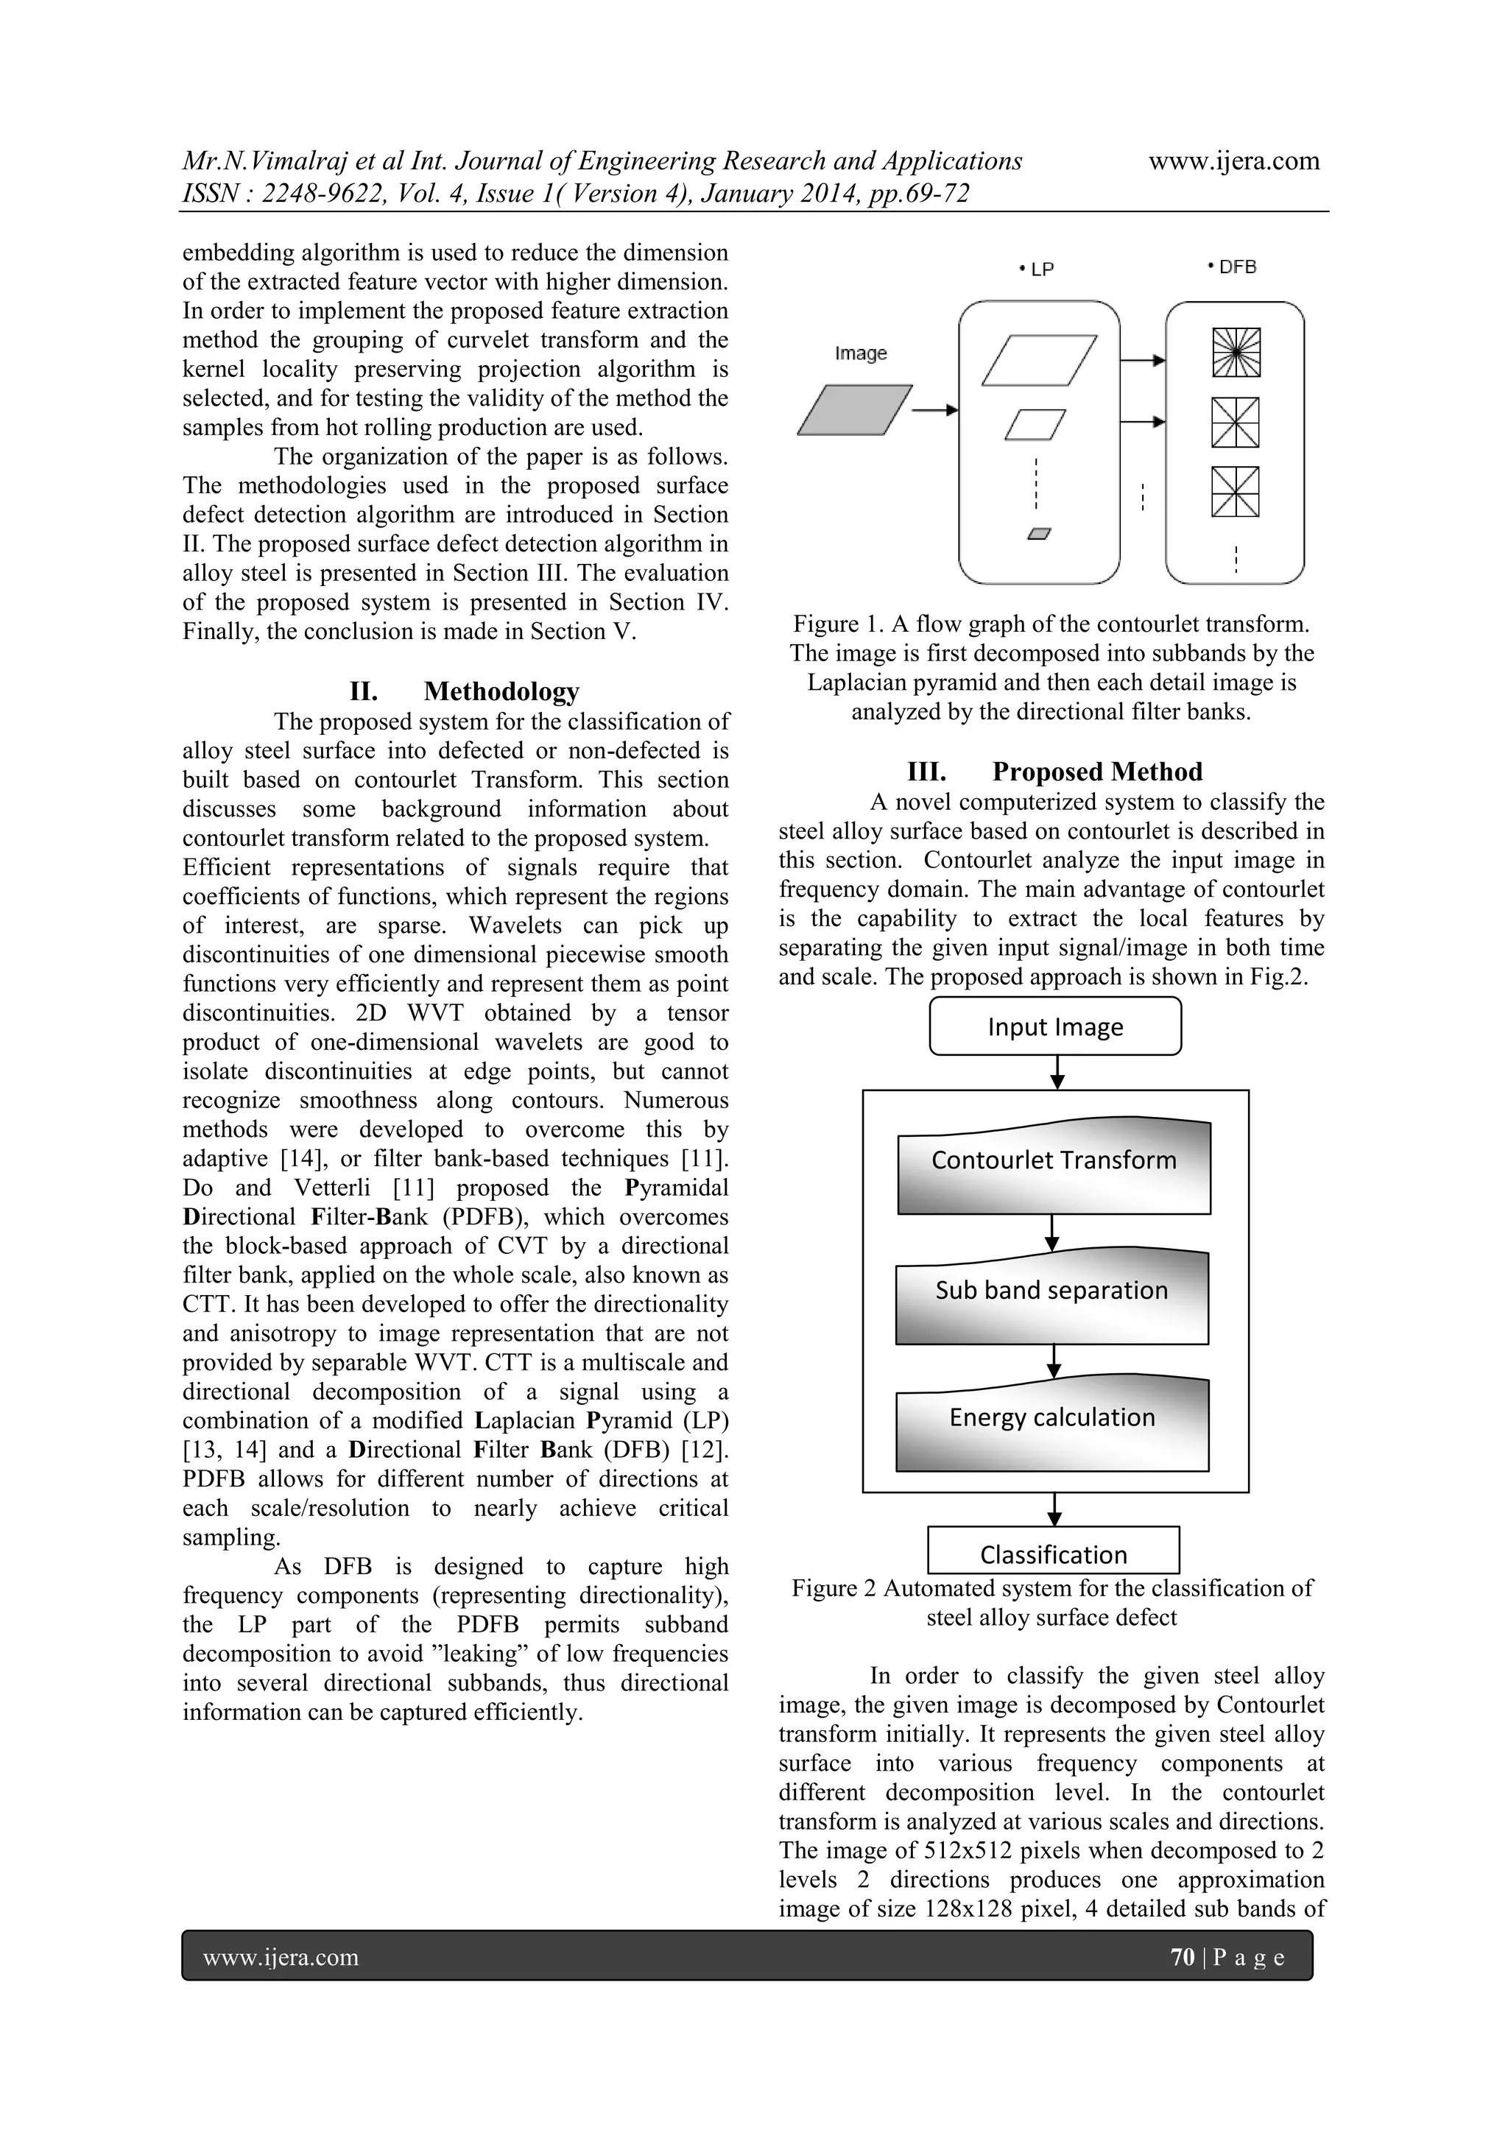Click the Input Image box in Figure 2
click(1054, 1026)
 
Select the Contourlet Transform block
click(1054, 1167)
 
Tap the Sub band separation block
click(1051, 1297)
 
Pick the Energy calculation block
click(1051, 1424)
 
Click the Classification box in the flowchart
click(1054, 1554)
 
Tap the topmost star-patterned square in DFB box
click(1236, 353)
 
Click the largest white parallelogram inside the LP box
click(1039, 361)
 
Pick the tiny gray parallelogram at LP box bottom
click(1040, 533)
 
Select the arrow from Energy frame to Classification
click(1054, 1509)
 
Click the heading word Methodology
click(501, 691)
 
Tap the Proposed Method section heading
click(1096, 772)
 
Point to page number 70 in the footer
click(1182, 1958)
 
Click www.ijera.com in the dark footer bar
click(281, 1958)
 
